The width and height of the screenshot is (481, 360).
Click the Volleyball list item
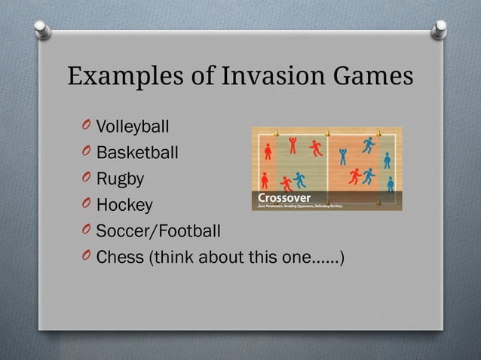coord(133,126)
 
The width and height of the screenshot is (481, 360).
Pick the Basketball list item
coord(137,153)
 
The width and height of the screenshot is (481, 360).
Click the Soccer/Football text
coord(158,230)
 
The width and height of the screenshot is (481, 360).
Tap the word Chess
coord(120,257)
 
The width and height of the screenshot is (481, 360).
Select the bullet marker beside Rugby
coord(85,178)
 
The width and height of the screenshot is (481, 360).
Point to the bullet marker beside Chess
coord(85,257)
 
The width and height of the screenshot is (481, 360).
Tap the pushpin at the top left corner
coord(43,29)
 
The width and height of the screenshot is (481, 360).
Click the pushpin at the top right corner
coord(439,29)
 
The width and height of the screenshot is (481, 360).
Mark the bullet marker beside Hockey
coord(85,205)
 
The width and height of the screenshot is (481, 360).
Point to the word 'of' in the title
coord(199,77)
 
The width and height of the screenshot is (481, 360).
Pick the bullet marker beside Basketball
coord(85,152)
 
